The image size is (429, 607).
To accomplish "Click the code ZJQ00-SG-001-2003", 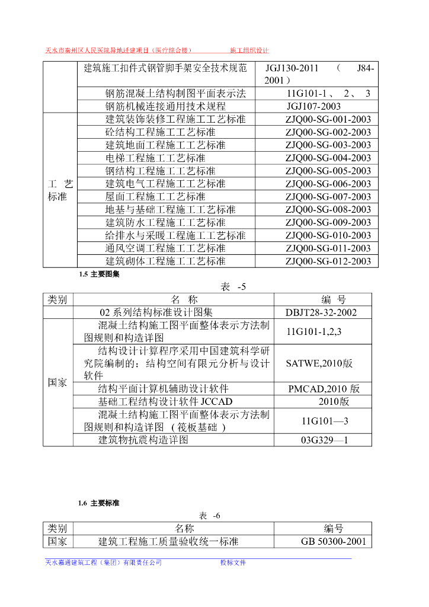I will pyautogui.click(x=328, y=119).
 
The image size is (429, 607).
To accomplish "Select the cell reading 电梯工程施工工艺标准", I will pyautogui.click(x=155, y=158).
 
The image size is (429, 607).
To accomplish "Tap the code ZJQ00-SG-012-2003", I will pyautogui.click(x=328, y=261).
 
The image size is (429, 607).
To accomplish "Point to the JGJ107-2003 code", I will pyautogui.click(x=313, y=107).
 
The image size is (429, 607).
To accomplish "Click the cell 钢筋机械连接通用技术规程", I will pyautogui.click(x=165, y=107).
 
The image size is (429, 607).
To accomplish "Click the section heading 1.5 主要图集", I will pyautogui.click(x=99, y=274).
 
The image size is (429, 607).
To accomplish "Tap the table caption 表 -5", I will pyautogui.click(x=233, y=287).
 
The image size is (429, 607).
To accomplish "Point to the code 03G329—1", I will pyautogui.click(x=325, y=440).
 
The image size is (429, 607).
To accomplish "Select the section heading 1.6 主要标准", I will pyautogui.click(x=99, y=503).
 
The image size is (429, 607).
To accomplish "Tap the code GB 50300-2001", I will pyautogui.click(x=333, y=541).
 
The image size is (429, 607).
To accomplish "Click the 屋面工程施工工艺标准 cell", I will pyautogui.click(x=155, y=196).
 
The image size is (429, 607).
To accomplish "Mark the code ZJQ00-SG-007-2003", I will pyautogui.click(x=328, y=196).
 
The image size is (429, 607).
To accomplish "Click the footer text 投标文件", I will pyautogui.click(x=233, y=563).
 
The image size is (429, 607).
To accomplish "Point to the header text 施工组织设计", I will pyautogui.click(x=249, y=51).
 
